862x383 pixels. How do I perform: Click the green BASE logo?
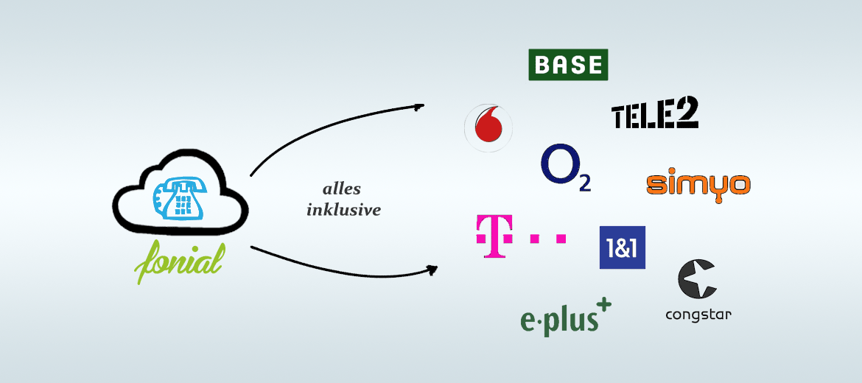(x=568, y=65)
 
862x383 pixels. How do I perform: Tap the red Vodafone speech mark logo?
(x=488, y=128)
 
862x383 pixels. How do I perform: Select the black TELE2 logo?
(x=655, y=114)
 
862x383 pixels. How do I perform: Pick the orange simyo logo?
(x=698, y=186)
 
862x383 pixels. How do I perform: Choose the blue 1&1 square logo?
(x=623, y=247)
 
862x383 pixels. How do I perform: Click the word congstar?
(x=698, y=315)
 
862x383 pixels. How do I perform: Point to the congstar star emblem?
(x=697, y=279)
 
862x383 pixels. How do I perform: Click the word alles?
(x=342, y=189)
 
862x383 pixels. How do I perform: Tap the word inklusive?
(x=343, y=210)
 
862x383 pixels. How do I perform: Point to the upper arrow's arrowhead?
(x=419, y=106)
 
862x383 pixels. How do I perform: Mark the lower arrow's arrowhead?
(x=432, y=270)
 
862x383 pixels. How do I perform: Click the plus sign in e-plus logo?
(x=603, y=305)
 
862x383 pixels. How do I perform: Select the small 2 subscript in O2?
(x=585, y=184)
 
